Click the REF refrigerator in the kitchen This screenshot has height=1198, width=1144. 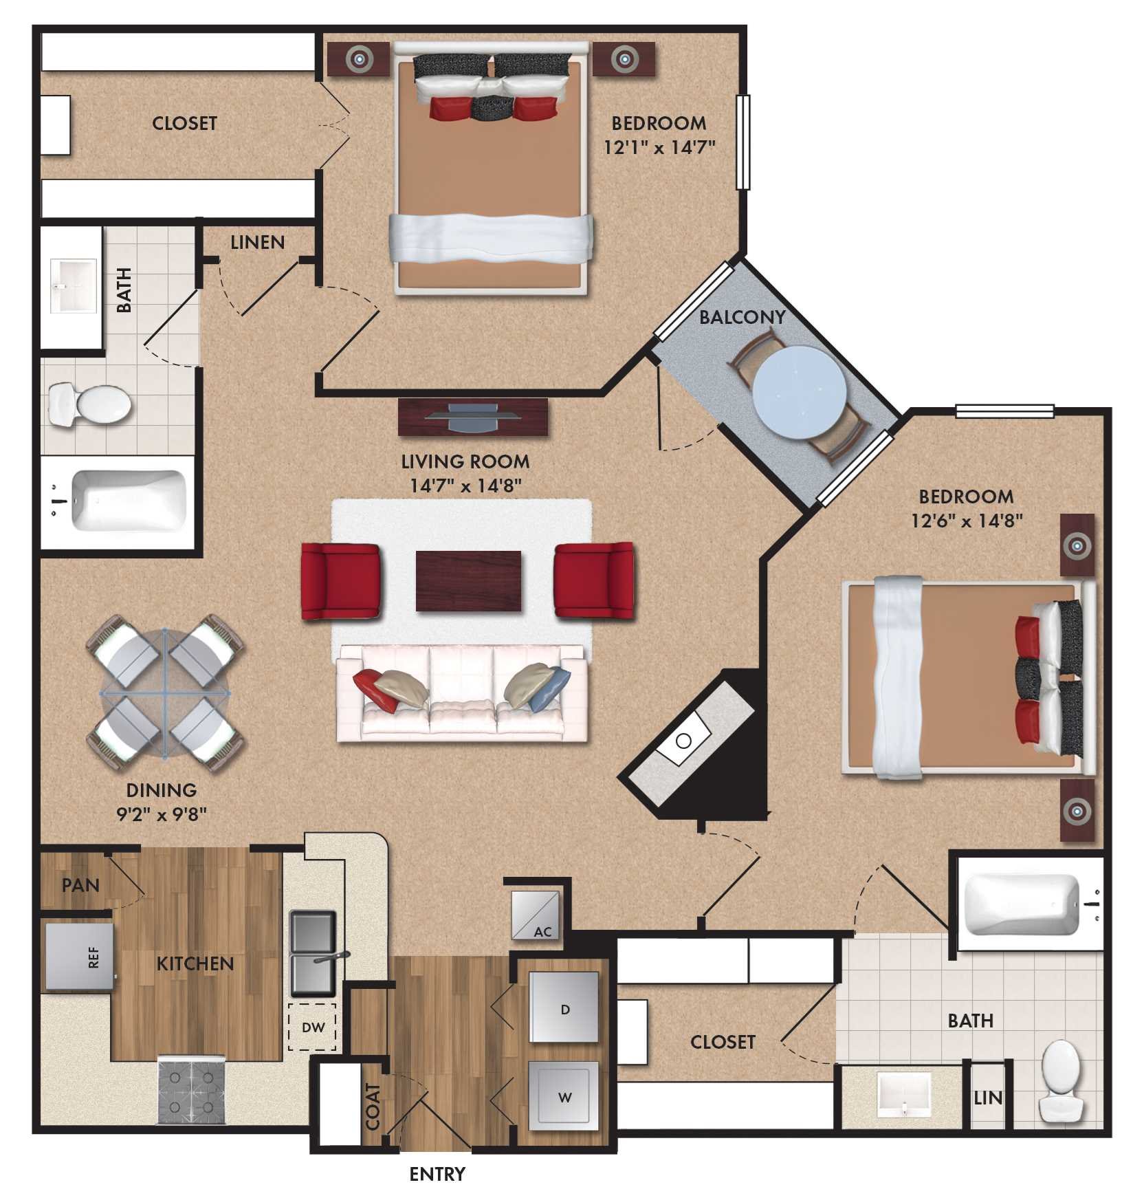(79, 957)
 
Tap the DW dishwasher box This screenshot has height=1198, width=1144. (312, 1027)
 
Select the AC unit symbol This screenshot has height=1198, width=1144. (536, 915)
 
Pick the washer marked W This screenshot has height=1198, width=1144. (564, 1096)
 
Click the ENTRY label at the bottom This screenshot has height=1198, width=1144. (437, 1174)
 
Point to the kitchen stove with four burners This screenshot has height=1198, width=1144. (192, 1089)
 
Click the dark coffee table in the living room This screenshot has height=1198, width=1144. (468, 581)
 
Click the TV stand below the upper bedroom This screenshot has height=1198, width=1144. (473, 417)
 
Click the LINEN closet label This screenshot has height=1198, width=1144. (257, 242)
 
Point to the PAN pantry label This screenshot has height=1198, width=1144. (80, 885)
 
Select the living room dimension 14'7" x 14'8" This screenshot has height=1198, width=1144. (465, 486)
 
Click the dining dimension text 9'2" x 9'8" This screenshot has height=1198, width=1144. (162, 814)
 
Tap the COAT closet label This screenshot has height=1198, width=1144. (373, 1107)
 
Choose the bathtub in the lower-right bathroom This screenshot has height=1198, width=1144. (1024, 904)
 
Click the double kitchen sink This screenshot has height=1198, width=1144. (313, 954)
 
